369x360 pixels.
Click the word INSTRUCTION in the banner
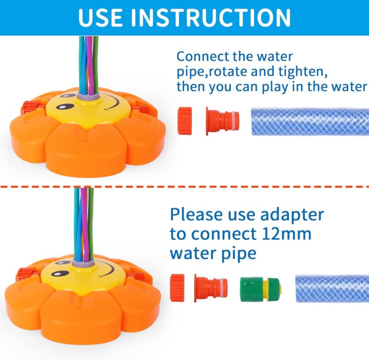211,17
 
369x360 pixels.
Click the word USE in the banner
101,17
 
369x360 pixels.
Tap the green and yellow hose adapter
261,289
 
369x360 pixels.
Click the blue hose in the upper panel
310,121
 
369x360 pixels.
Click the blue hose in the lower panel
332,288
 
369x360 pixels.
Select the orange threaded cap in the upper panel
185,121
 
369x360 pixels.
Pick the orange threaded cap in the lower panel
177,288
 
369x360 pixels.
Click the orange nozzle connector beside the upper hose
222,121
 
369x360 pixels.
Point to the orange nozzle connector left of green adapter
211,288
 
